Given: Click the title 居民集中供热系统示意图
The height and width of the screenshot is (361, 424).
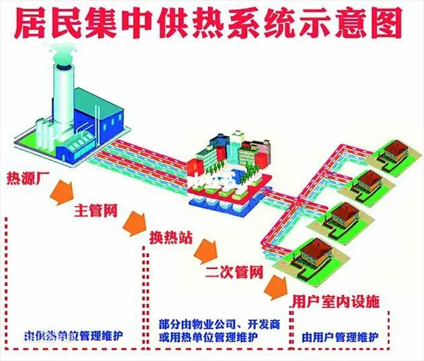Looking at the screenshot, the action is point(212,24).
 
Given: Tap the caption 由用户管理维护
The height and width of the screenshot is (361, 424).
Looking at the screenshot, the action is point(341,337).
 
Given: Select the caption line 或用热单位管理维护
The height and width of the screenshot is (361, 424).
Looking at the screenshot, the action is point(215,336).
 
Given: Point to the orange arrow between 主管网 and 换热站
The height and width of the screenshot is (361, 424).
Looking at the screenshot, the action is point(135,222).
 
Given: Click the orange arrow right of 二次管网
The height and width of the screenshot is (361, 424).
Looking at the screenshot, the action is point(274,287).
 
